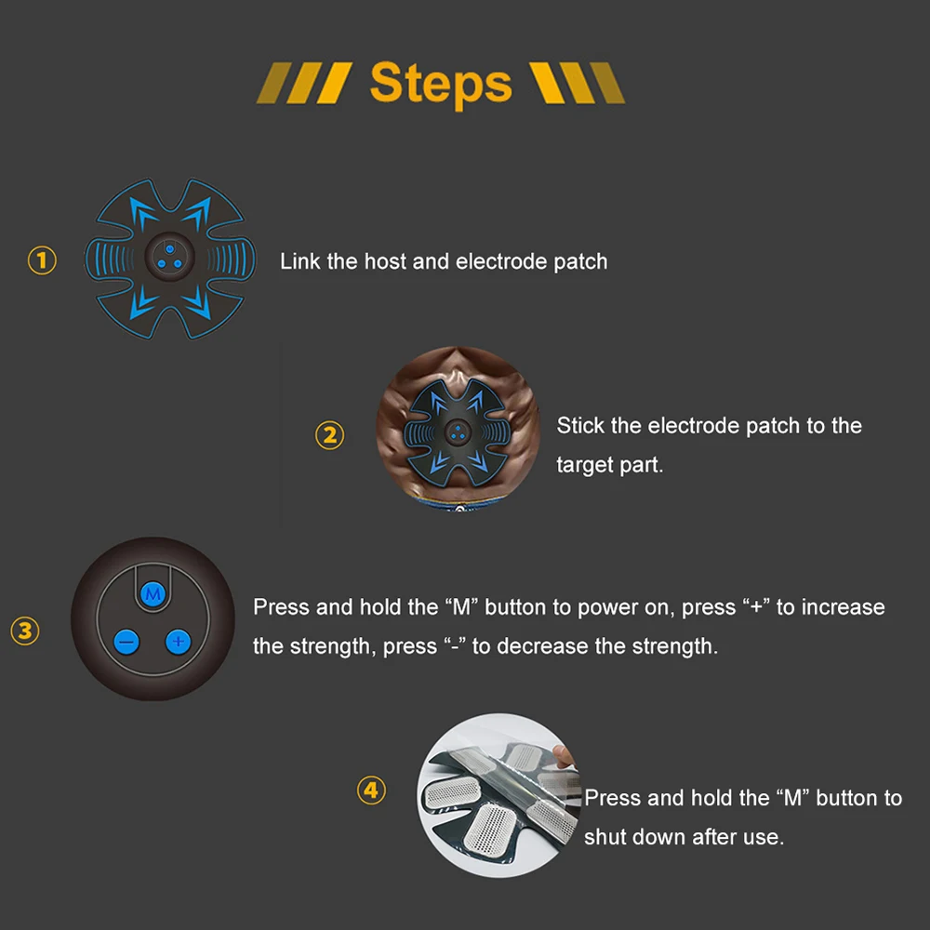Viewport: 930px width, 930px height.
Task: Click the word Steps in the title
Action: (441, 84)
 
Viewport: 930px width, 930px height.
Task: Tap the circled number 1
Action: (42, 260)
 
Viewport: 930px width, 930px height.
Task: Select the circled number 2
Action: (329, 435)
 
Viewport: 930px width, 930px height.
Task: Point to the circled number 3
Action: (25, 631)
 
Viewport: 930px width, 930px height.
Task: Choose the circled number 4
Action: (371, 790)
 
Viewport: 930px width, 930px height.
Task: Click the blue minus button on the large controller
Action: (126, 642)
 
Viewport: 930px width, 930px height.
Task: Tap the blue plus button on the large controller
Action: (178, 641)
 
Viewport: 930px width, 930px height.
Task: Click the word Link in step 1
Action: (300, 261)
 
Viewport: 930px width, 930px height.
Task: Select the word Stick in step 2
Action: (580, 425)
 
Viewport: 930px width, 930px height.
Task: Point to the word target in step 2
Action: (585, 465)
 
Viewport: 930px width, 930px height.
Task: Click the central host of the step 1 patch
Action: (170, 257)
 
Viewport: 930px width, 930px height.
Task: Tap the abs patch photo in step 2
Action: (458, 428)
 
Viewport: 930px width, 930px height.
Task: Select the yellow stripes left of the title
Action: (304, 83)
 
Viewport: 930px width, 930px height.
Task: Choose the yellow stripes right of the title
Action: (577, 83)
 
